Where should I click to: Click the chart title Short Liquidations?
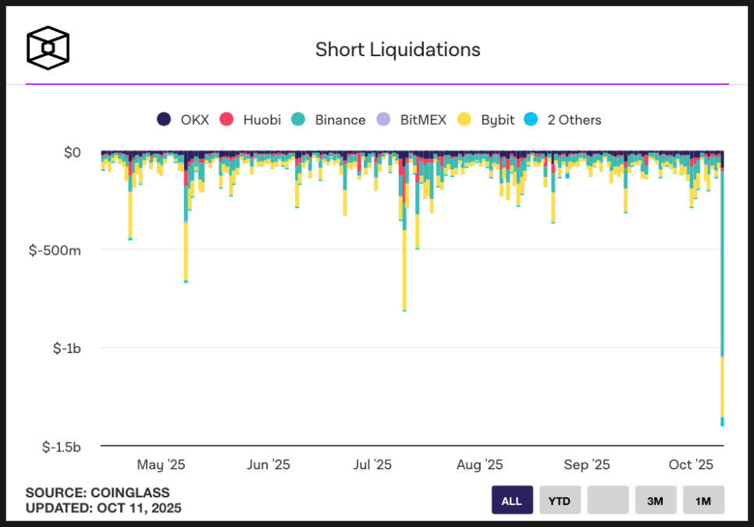pos(397,50)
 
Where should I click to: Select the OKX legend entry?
pos(183,119)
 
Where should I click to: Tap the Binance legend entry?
pos(329,119)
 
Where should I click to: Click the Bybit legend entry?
pos(486,119)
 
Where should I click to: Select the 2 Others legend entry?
pos(564,119)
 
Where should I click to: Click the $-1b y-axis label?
pos(66,348)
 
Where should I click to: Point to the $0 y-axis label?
pos(72,152)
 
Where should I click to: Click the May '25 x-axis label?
pos(161,465)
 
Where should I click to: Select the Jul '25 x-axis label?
pos(372,465)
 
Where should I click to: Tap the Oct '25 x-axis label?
pos(691,465)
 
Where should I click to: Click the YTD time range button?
pos(560,500)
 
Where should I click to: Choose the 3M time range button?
pos(656,500)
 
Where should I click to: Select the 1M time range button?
pos(703,500)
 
